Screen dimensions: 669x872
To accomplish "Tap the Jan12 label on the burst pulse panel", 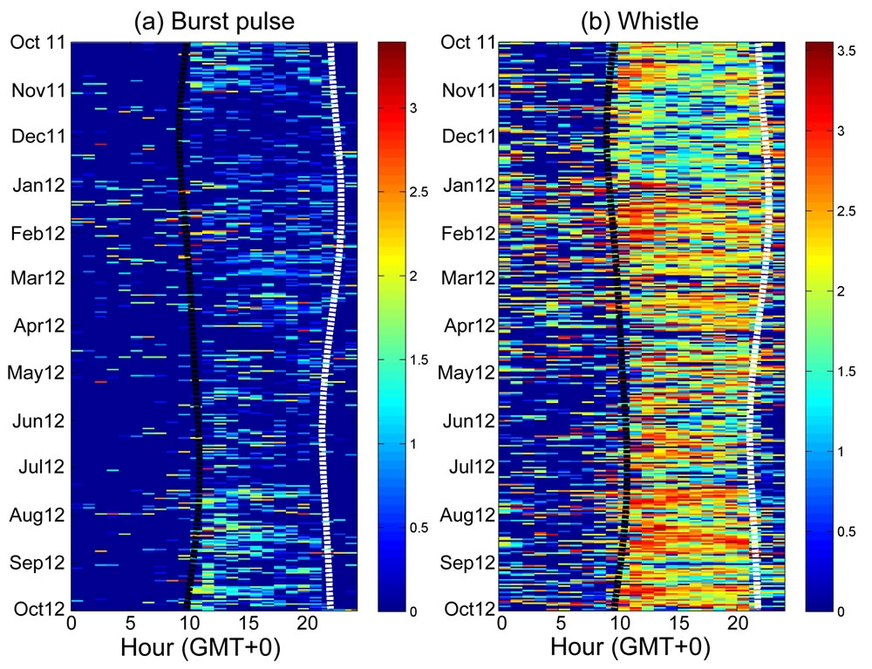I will tap(41, 185).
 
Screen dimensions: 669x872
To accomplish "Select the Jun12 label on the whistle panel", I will tap(469, 421).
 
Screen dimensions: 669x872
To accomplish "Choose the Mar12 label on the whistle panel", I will tap(469, 278).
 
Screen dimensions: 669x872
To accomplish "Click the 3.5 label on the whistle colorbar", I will tap(848, 53).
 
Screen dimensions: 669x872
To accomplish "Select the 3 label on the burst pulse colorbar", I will tap(415, 108).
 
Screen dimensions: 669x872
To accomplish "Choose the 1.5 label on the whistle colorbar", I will tap(848, 372).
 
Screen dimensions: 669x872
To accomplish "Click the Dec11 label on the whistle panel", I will tap(469, 136).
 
